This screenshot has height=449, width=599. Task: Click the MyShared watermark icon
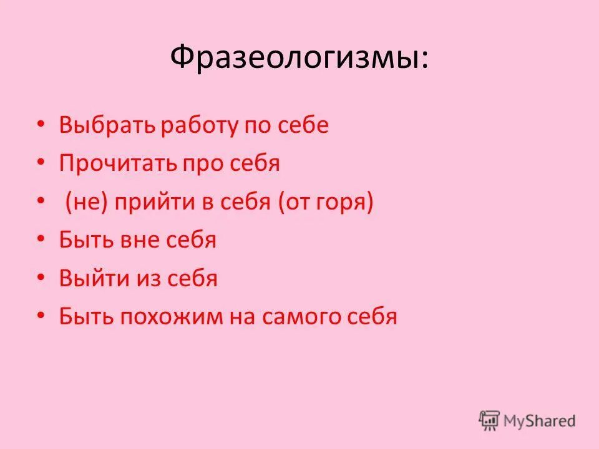coord(490,420)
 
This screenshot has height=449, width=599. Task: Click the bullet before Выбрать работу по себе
coord(41,125)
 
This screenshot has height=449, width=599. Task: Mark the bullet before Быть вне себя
coord(41,240)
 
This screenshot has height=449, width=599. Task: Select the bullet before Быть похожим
coord(41,316)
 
